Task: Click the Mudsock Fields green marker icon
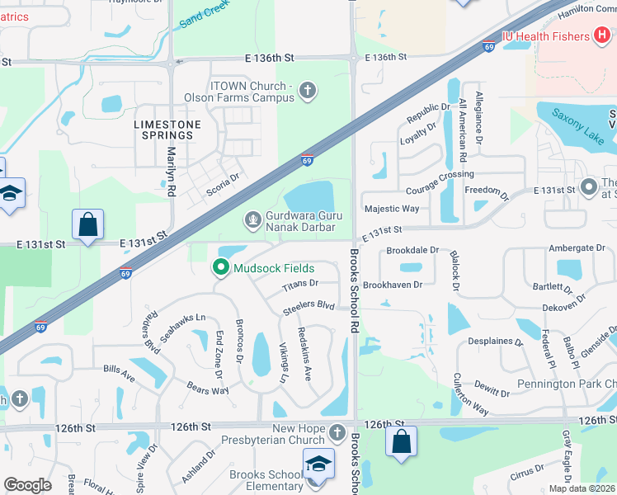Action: coord(220,268)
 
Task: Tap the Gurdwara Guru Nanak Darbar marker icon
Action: coord(253,220)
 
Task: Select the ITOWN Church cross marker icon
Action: coord(308,91)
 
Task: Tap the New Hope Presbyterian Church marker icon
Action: coord(337,432)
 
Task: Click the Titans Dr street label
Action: coord(299,284)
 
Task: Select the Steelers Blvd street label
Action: coord(308,305)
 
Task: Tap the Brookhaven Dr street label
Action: coord(393,285)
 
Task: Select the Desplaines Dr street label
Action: coord(495,341)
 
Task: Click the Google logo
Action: coord(28,485)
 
